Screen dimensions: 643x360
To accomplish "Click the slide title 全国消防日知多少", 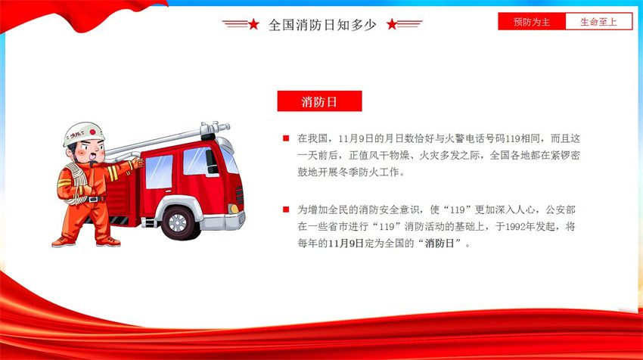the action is pyautogui.click(x=322, y=25).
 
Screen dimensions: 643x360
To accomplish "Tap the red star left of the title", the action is pyautogui.click(x=253, y=24).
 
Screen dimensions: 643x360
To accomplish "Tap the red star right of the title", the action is pyautogui.click(x=392, y=24).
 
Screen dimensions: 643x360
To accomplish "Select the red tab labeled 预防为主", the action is pyautogui.click(x=532, y=22).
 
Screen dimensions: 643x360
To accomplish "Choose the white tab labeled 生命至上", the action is pyautogui.click(x=598, y=22).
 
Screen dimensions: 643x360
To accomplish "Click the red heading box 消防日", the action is pyautogui.click(x=319, y=101).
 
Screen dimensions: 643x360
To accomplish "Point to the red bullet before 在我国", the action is pyautogui.click(x=286, y=138).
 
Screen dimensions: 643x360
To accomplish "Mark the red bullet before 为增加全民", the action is pyautogui.click(x=286, y=210).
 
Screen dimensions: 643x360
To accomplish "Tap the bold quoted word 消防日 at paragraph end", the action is pyautogui.click(x=440, y=244).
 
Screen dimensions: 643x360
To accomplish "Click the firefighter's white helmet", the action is pyautogui.click(x=83, y=133).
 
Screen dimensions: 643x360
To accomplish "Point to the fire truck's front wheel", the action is pyautogui.click(x=179, y=223).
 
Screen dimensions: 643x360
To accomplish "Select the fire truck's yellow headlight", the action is pyautogui.click(x=234, y=209).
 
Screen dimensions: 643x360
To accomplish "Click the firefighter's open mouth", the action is pyautogui.click(x=94, y=157).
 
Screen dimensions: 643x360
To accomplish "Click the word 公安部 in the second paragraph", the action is pyautogui.click(x=560, y=210).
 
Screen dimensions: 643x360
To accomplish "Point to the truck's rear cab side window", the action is pyautogui.click(x=159, y=172).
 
